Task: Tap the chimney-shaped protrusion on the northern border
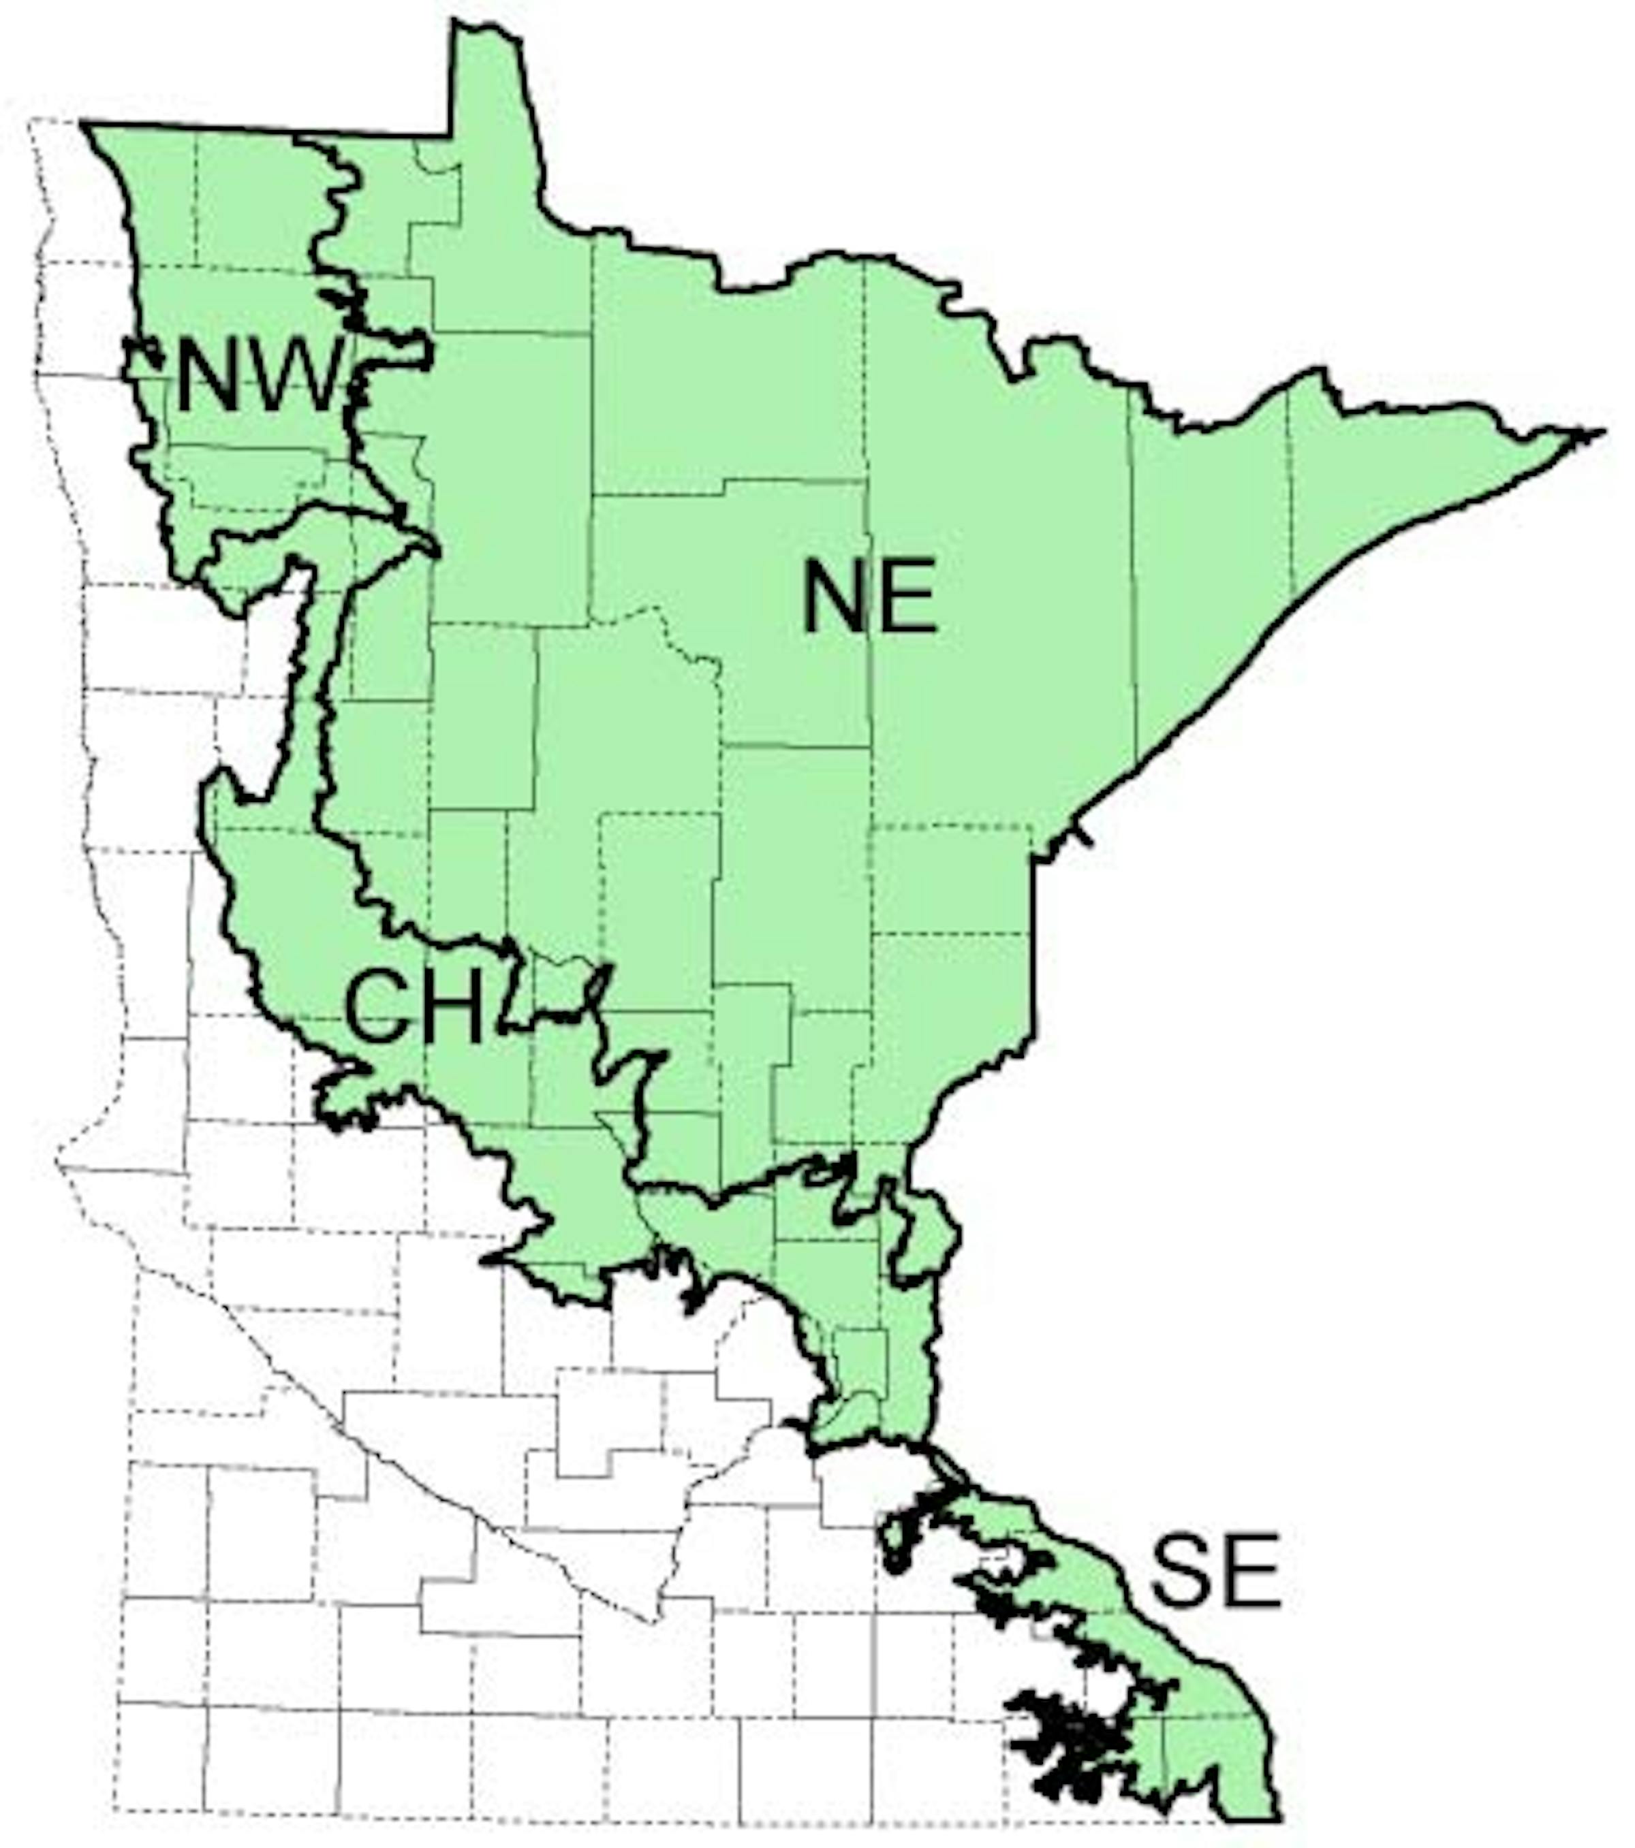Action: (488, 72)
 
